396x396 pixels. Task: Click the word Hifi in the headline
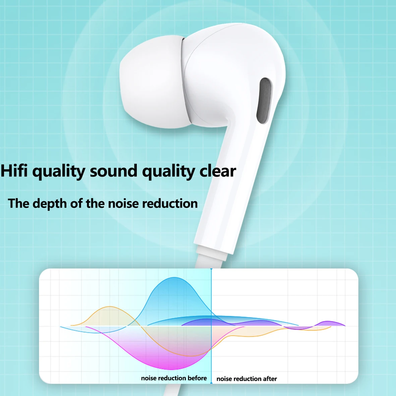(14, 171)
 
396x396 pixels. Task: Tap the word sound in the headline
(113, 171)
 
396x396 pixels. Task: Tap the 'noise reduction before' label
(174, 378)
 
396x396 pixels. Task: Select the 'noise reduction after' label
(246, 379)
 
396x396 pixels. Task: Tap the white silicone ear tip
(151, 82)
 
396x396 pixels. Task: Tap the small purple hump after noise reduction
(330, 323)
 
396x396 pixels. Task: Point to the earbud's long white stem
(231, 188)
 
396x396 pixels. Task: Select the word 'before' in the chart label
(197, 378)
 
